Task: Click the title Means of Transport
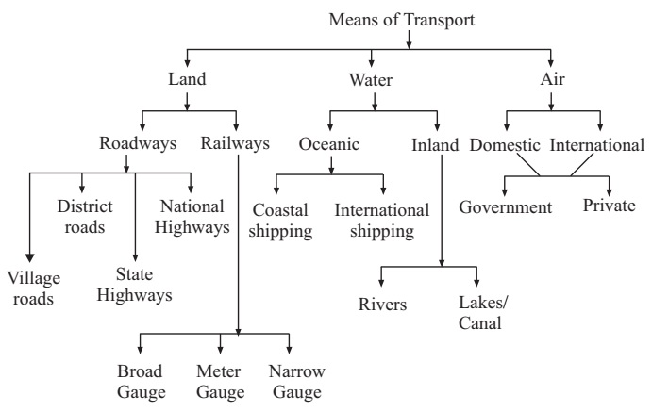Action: click(408, 18)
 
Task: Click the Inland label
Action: click(435, 146)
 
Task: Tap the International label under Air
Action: click(597, 146)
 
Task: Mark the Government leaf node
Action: click(505, 207)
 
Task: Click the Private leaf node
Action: click(609, 207)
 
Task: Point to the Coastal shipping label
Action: click(282, 220)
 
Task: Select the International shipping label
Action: click(381, 220)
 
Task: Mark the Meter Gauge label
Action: click(220, 382)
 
